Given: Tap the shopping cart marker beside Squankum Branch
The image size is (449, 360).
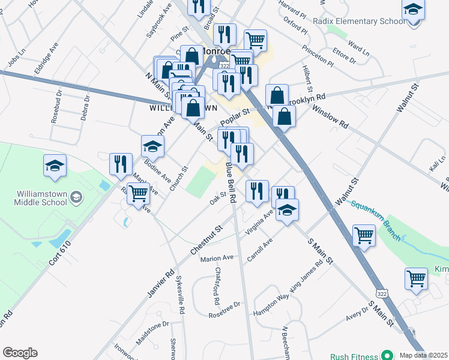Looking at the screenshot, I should [364, 235].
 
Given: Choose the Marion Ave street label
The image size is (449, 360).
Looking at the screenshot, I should [217, 258].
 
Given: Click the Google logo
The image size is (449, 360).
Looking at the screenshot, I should [20, 353].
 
